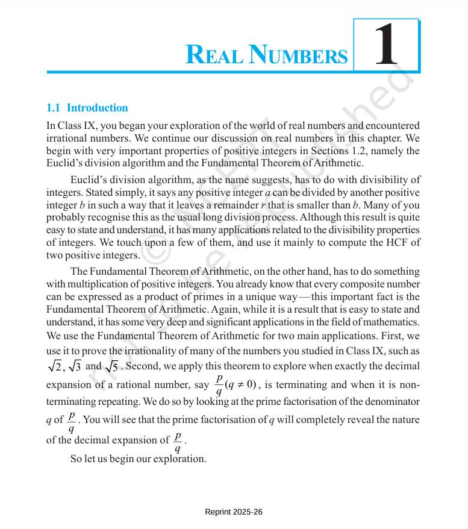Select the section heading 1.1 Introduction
pos(87,108)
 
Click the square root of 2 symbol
pos(54,366)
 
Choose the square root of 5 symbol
pos(111,366)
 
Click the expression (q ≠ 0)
pos(240,384)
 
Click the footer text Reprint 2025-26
pos(234,512)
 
